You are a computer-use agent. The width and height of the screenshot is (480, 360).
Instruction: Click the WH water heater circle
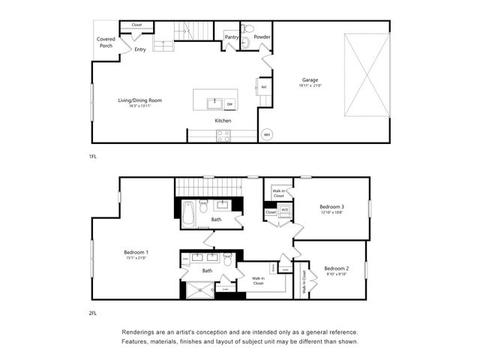(x=266, y=135)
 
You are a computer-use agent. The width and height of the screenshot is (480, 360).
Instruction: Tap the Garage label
(x=310, y=79)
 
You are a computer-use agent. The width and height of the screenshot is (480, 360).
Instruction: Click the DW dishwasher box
(x=229, y=103)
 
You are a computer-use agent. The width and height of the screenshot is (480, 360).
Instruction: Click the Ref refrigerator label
(x=263, y=87)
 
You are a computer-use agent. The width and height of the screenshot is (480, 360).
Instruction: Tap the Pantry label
(x=231, y=36)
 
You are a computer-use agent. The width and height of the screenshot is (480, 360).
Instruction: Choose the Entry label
(x=139, y=49)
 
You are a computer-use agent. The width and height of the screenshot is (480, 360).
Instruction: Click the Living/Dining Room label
(x=140, y=100)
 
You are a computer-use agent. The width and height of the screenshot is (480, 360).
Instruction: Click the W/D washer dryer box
(x=284, y=210)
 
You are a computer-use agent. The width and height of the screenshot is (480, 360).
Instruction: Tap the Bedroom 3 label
(x=331, y=206)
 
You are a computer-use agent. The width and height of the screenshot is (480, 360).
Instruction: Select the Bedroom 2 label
(x=336, y=268)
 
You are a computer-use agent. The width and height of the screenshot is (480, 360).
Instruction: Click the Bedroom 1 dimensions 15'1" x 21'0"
(x=136, y=258)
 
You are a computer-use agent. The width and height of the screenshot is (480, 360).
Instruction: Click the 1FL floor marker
(x=93, y=156)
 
